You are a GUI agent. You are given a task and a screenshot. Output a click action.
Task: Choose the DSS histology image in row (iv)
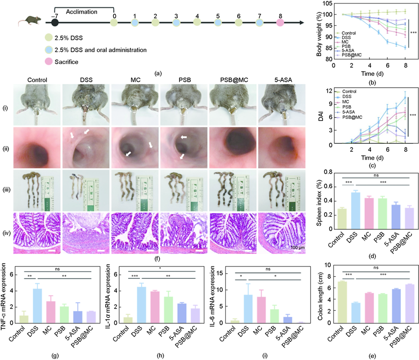tap(85, 233)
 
